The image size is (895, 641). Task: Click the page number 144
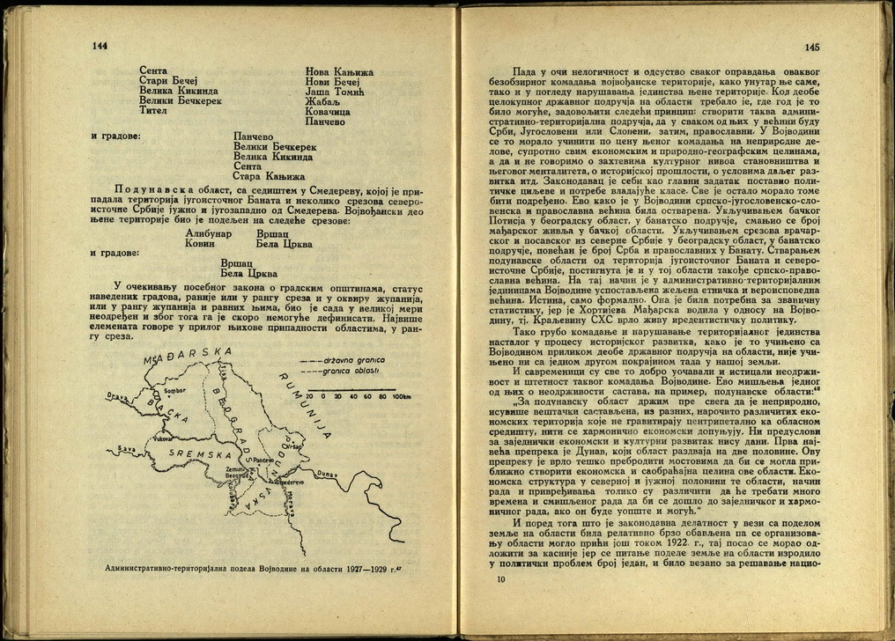click(100, 46)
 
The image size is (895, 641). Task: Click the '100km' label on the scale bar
click(401, 397)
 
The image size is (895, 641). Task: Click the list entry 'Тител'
click(152, 113)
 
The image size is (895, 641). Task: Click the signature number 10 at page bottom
click(501, 579)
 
